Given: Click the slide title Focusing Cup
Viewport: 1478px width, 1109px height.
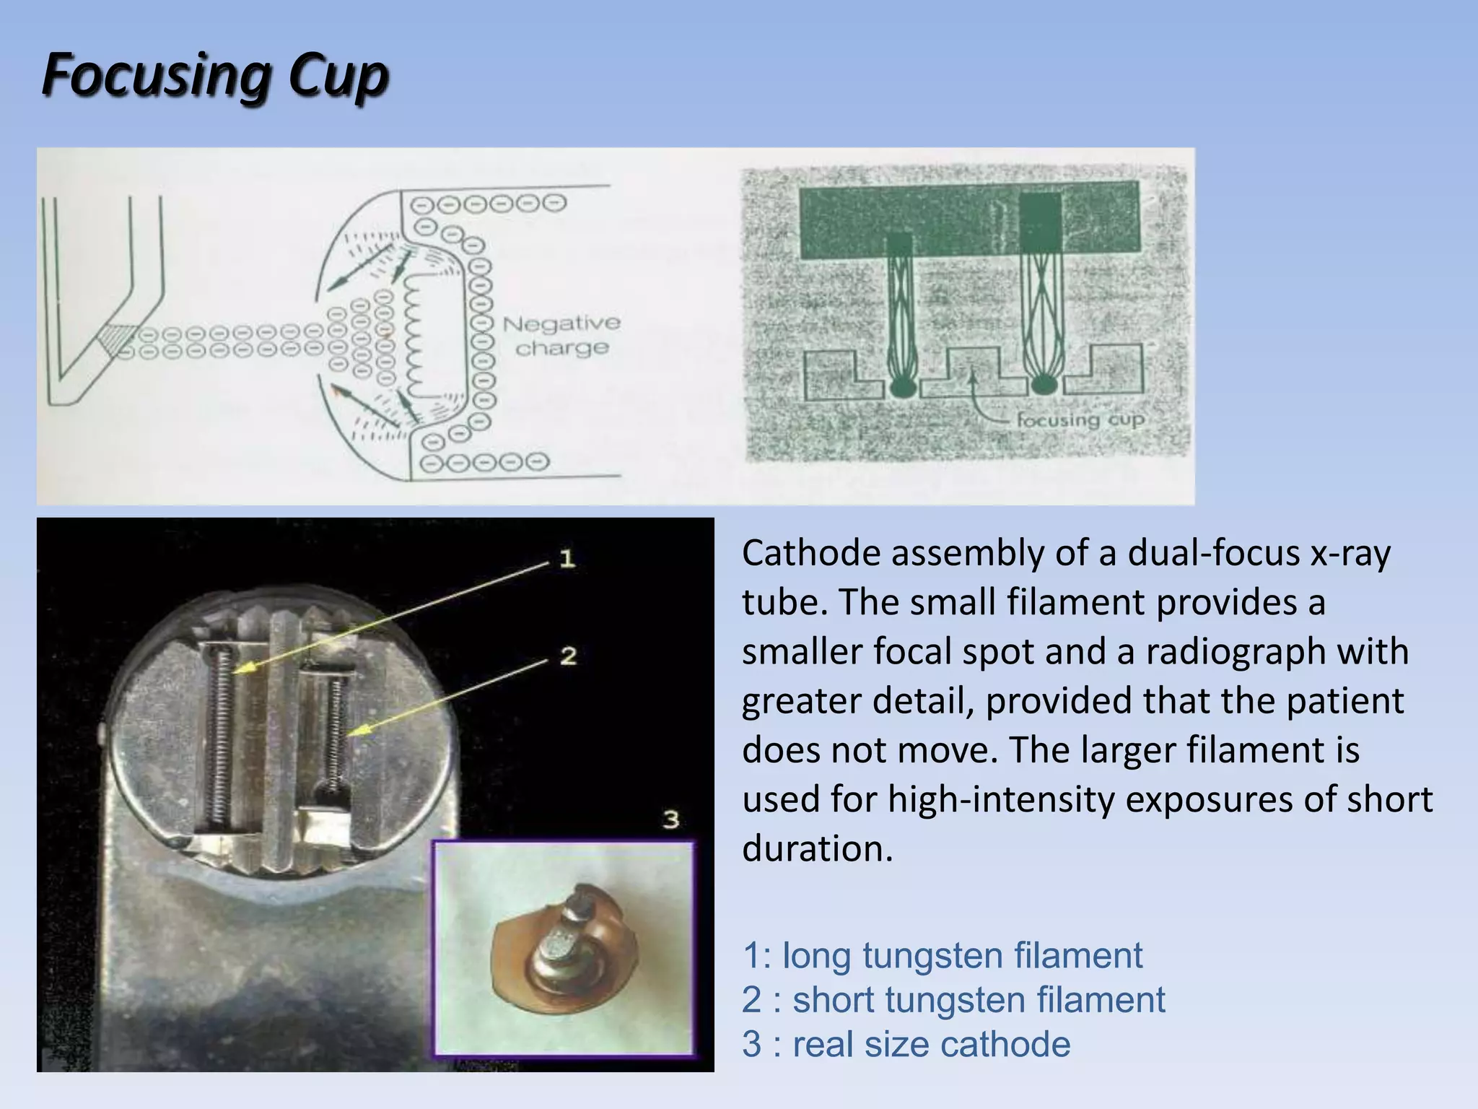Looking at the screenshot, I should point(215,76).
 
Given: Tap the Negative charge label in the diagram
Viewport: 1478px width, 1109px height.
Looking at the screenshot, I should point(561,336).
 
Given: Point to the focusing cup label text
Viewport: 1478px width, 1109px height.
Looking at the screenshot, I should point(1080,419).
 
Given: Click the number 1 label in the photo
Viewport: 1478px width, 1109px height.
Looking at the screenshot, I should point(567,558).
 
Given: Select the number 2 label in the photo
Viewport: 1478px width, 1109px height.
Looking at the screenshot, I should point(568,656).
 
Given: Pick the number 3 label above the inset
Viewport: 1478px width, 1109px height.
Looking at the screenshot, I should point(671,819).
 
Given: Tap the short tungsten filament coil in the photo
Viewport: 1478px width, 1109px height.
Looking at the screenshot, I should point(334,729).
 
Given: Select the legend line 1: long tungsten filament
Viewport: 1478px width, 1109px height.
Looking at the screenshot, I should point(942,955).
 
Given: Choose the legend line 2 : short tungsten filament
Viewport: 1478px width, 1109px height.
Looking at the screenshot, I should point(953,1000).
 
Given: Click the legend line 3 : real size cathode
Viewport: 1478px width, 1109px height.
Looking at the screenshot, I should point(906,1044).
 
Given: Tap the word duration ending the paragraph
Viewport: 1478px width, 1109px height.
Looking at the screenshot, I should point(816,848).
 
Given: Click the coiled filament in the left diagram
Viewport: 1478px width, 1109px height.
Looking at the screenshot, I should point(416,336).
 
